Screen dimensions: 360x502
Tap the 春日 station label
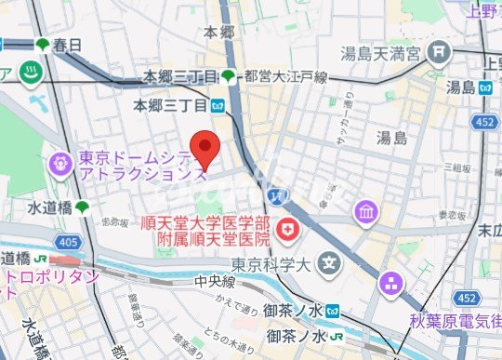pos(68,45)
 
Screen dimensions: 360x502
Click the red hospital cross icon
pos(288,227)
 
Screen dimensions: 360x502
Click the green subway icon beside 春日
pos(42,45)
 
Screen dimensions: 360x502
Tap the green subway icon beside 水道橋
pos(83,206)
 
